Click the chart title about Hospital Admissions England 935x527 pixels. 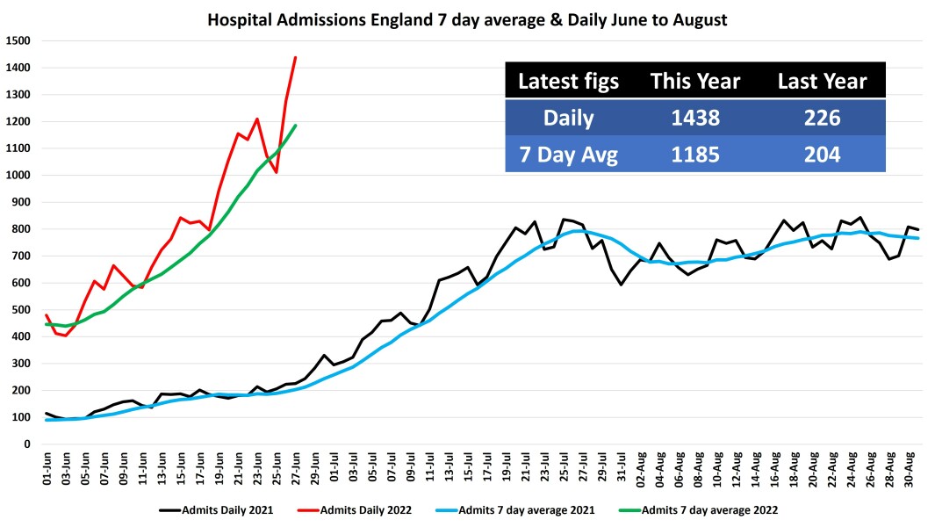467,19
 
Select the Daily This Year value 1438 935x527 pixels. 694,119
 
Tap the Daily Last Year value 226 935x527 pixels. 822,119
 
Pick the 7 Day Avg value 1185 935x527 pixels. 694,155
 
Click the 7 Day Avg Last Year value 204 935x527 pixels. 822,155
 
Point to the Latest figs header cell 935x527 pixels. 568,82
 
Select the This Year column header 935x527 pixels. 694,82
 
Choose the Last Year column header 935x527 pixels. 822,82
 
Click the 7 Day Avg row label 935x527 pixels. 568,155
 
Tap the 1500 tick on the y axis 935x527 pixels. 18,40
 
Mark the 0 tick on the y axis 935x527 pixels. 27,444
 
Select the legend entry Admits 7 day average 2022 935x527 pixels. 709,509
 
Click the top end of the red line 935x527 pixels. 295,57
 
